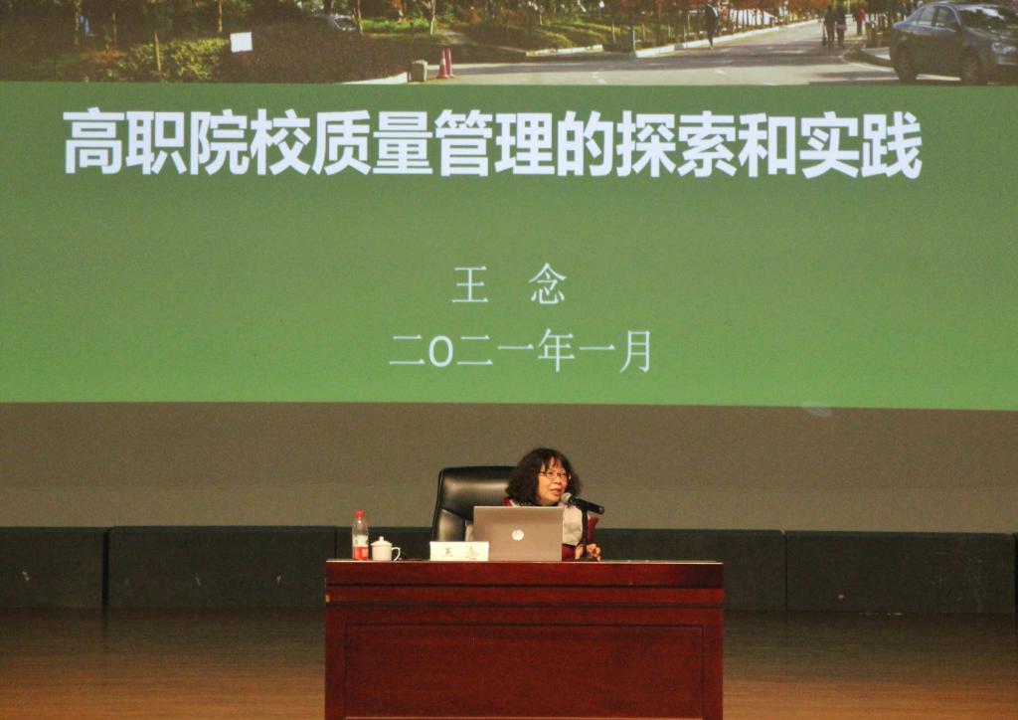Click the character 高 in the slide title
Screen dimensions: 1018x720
93,143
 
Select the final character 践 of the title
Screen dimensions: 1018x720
892,145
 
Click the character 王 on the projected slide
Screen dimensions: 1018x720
470,287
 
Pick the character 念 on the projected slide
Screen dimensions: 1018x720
548,287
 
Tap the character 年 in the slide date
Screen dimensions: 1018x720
556,351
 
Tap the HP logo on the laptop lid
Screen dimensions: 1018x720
517,535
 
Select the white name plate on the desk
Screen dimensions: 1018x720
459,551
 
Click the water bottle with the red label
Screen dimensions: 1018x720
360,536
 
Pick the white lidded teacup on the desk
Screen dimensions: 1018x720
385,549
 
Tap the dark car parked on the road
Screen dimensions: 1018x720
953,43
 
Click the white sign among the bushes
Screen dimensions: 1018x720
241,42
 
